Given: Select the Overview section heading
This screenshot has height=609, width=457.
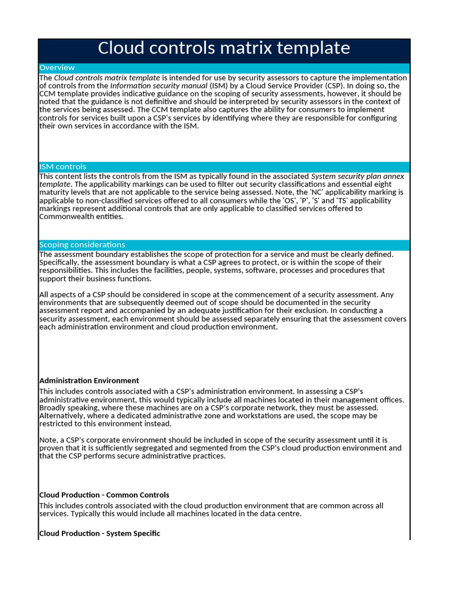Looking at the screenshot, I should pos(57,68).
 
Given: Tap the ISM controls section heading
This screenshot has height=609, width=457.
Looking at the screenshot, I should pos(62,167).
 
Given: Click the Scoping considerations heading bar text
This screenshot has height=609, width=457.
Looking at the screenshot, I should pos(82,245).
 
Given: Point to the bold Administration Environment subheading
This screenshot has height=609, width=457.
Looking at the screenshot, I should pos(89,381).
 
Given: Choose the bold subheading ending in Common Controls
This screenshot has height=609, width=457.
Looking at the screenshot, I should pos(104,495).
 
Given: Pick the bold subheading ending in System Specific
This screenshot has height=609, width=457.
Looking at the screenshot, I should pos(99,533).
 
